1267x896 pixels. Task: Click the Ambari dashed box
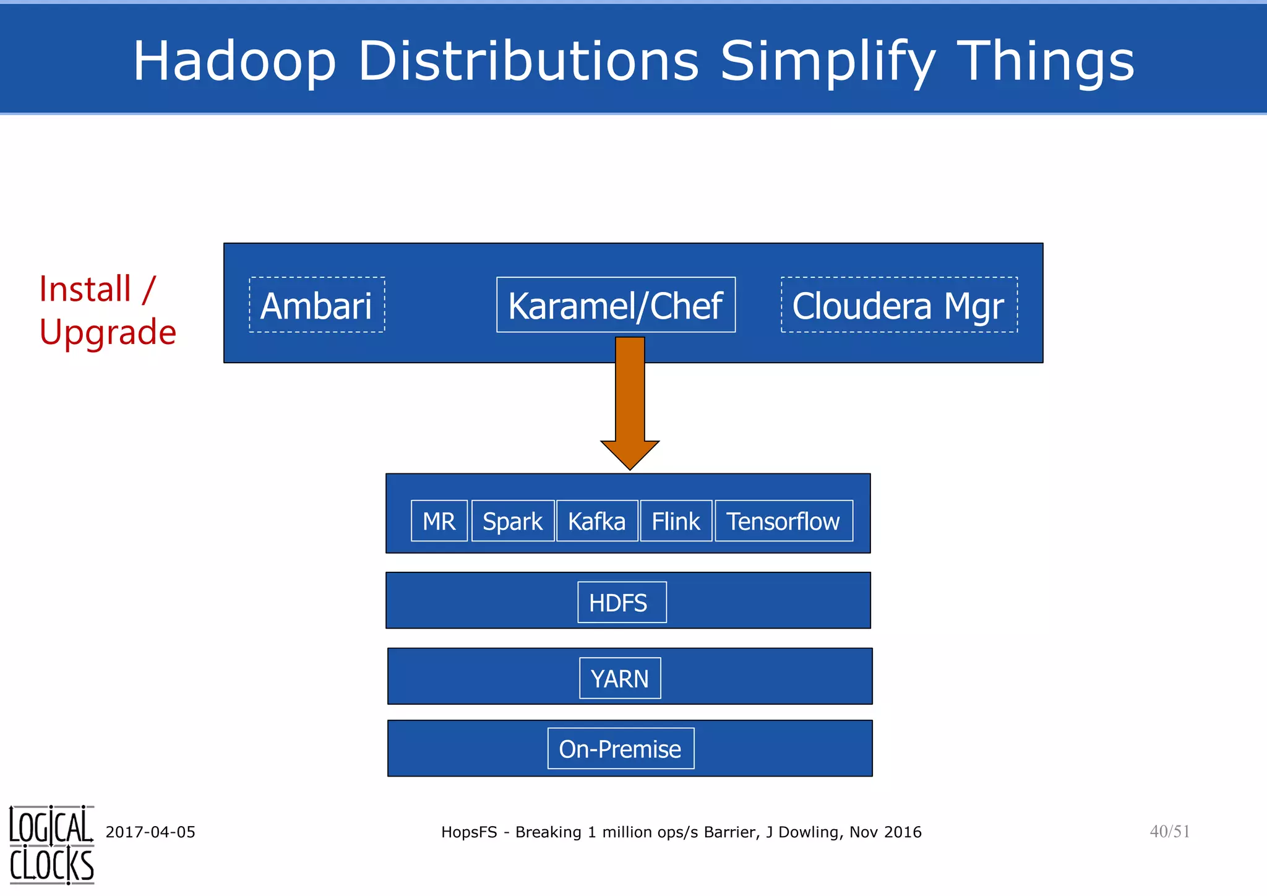coord(317,305)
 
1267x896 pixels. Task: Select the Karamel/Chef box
coord(616,305)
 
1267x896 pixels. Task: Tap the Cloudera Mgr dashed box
coord(899,305)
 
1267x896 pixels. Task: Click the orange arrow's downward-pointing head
coord(630,454)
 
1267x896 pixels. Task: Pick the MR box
coord(439,521)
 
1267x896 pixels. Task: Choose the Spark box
coord(513,521)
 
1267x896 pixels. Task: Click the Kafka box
coord(597,521)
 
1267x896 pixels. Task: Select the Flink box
coord(676,521)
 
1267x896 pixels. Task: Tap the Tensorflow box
coord(783,521)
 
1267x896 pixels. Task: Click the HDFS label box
coord(622,602)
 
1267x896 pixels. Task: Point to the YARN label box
coord(620,678)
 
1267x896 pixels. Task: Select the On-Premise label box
coord(621,749)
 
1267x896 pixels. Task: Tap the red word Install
coord(85,290)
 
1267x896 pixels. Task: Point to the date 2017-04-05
coord(150,832)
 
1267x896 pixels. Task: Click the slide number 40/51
coord(1169,831)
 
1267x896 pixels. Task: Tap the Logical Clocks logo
coord(51,845)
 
